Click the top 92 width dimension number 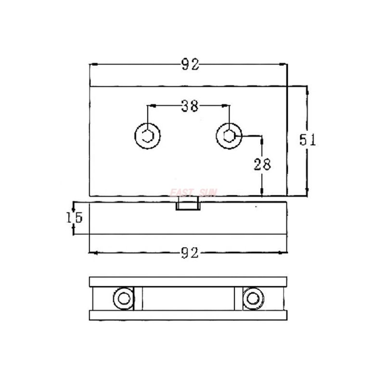click(190, 64)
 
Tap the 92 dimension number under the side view click(190, 253)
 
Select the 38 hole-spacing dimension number click(190, 106)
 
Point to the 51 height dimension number click(307, 140)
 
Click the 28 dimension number click(262, 164)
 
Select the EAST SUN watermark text click(193, 192)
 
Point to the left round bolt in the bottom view click(124, 298)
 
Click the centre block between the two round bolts click(188, 298)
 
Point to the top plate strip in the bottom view click(188, 282)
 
